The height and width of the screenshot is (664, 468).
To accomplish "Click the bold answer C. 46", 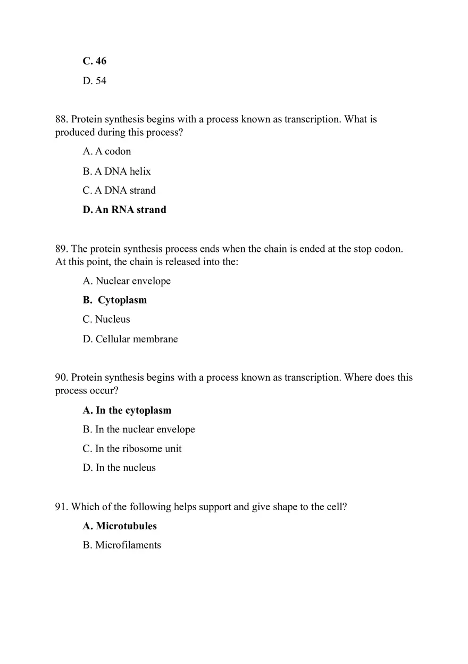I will point(95,61).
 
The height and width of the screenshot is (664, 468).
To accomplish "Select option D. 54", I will point(95,81).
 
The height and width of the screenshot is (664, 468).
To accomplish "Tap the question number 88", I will point(62,119).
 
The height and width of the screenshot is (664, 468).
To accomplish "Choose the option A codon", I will point(107,152).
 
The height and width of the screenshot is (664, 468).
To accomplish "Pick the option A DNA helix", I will point(117,171).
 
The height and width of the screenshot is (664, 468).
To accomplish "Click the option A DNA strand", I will point(119,191).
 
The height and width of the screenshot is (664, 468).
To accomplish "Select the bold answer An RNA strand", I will point(124,210).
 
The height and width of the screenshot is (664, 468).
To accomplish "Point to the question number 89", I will point(62,249).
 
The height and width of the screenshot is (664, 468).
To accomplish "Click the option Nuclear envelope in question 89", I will point(127,281).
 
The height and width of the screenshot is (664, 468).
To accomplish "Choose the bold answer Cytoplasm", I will point(115,300).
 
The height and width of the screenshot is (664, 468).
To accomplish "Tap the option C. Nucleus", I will point(106,319).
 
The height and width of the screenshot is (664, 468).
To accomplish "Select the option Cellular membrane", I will point(130,339).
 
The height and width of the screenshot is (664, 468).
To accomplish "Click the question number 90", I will point(62,378).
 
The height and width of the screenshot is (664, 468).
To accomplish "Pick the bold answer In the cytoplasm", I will point(127,411).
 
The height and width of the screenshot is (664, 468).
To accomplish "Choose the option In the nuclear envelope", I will point(139,430).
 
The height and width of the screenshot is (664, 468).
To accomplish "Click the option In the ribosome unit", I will point(132,449).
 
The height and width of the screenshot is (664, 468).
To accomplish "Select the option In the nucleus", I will point(119,468).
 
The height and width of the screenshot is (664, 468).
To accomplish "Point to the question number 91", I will point(62,507).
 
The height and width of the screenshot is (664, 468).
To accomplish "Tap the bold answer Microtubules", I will point(120,526).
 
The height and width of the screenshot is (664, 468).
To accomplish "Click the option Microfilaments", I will point(122,545).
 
